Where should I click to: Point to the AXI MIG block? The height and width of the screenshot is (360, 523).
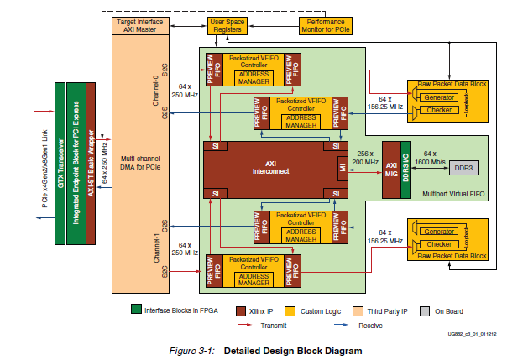[x=391, y=167]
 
